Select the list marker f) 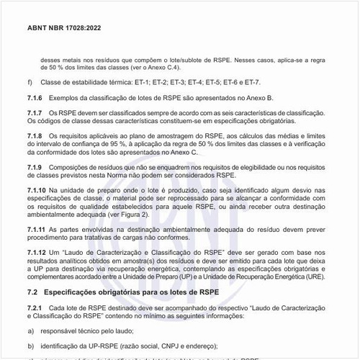point(30,83)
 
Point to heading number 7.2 point(32,292)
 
